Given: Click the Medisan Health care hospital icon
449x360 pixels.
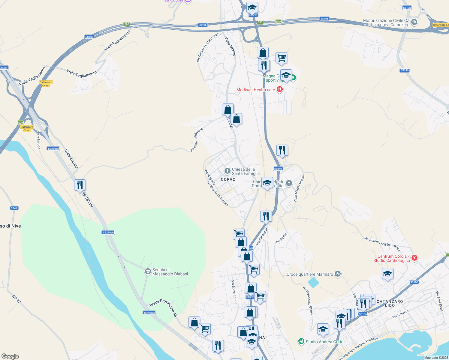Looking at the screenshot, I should point(280,89).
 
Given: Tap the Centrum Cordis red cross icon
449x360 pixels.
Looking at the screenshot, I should point(414,258).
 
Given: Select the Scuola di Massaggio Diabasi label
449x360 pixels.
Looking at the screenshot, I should point(170,272).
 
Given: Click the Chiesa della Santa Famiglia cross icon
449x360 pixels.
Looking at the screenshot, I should point(228,171).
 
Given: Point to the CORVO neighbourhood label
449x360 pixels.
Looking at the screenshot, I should point(228,179).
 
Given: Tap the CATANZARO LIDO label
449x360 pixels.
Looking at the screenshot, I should point(390,303).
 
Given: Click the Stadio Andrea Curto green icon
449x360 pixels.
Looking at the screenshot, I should point(301,341).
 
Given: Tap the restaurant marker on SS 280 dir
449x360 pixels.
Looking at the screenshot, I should point(80,185).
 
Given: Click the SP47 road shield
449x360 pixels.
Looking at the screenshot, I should point(14,208).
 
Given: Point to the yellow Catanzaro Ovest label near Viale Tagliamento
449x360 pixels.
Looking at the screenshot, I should point(46,84).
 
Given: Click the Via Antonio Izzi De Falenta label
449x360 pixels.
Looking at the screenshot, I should point(382,244).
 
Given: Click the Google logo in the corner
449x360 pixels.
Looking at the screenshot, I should point(10,356).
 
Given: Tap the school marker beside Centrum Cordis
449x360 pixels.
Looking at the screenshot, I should point(387,274).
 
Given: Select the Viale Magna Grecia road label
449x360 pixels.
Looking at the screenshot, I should point(299,189).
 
